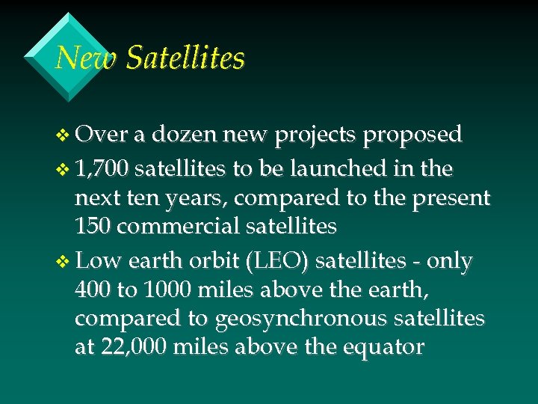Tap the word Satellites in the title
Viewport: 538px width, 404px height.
point(185,58)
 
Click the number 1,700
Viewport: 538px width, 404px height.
point(105,170)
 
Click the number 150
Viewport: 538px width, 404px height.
point(93,225)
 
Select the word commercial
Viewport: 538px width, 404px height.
point(178,225)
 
